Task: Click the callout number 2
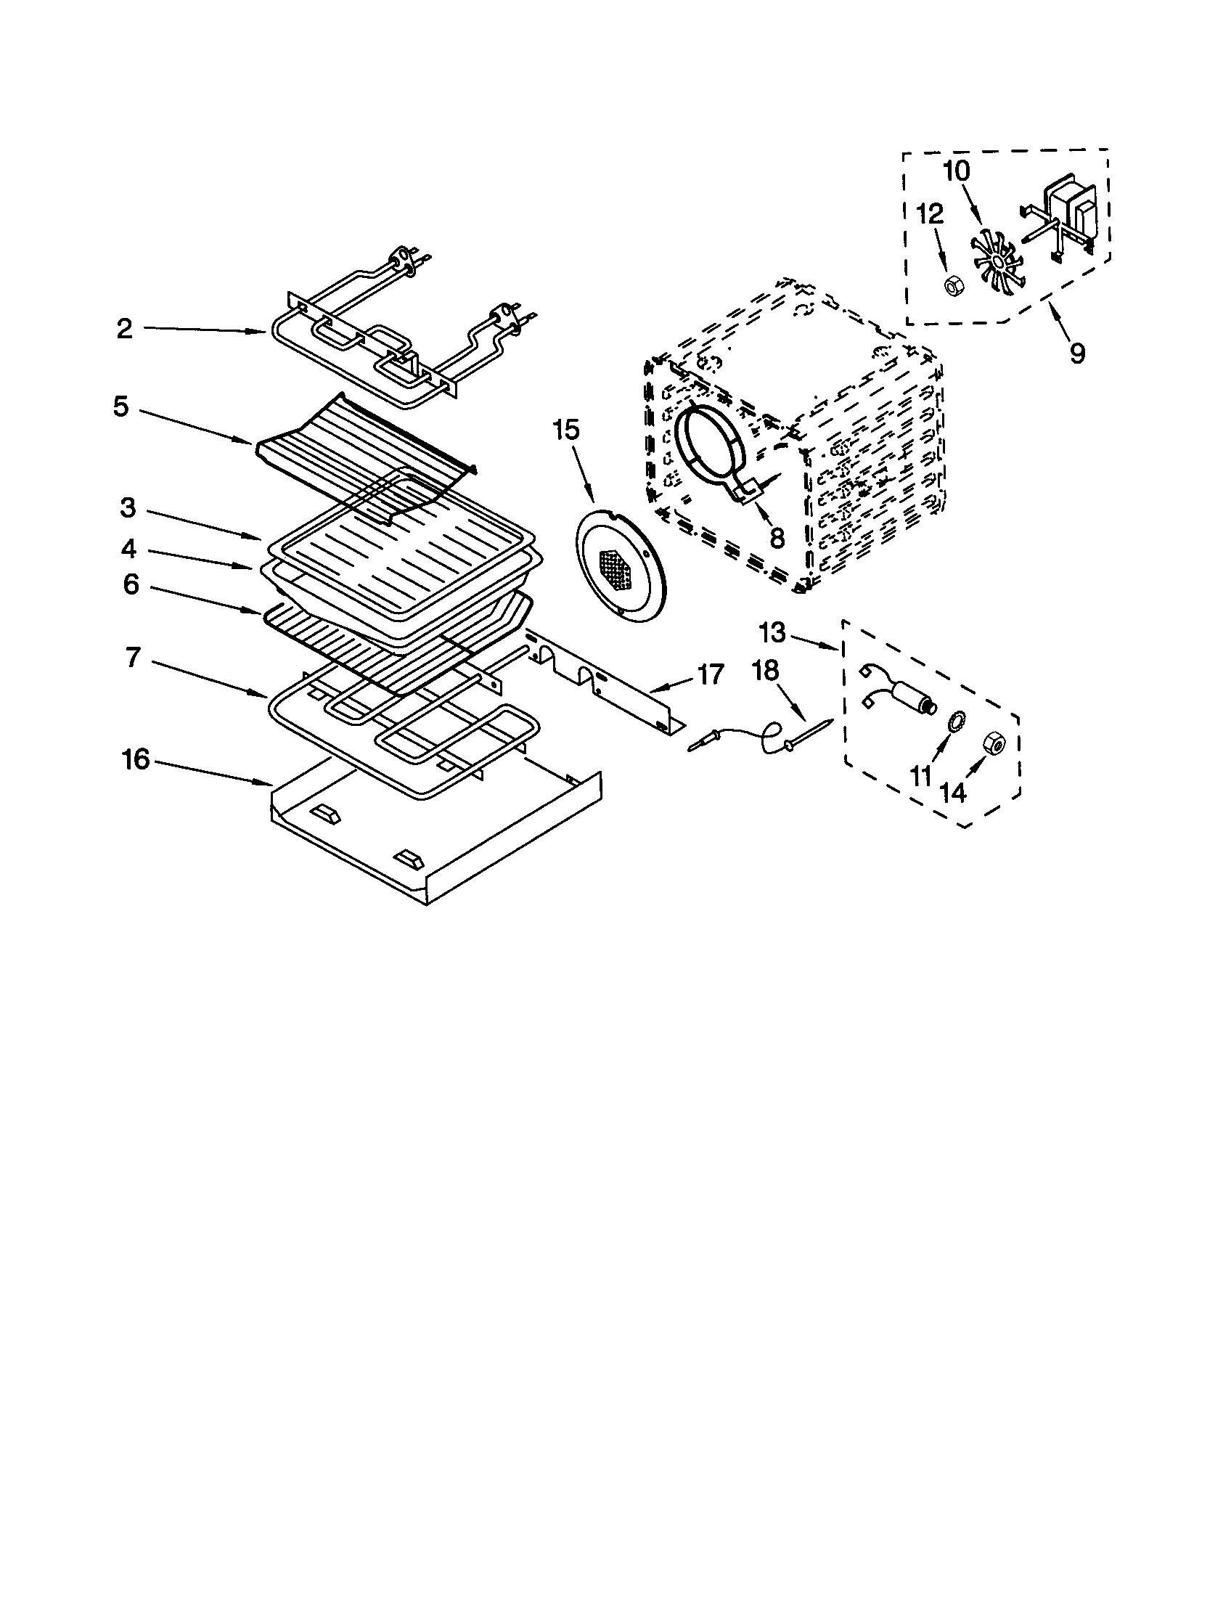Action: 125,329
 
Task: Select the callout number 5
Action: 121,407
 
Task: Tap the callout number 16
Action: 136,760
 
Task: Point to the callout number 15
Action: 565,430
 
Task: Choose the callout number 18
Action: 765,671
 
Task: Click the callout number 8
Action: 777,538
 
